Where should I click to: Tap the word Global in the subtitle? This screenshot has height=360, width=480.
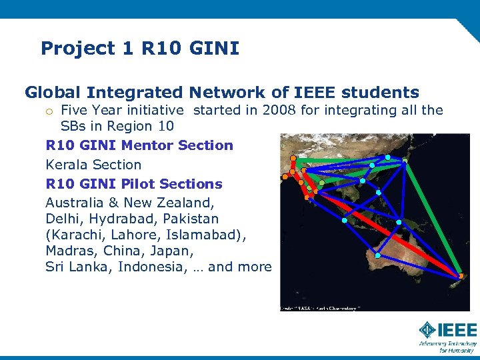pyautogui.click(x=54, y=92)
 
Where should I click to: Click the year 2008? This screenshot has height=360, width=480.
pyautogui.click(x=279, y=110)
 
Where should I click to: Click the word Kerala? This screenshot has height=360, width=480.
pyautogui.click(x=67, y=165)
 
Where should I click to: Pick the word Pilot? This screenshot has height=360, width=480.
pyautogui.click(x=145, y=184)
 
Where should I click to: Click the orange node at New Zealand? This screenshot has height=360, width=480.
pyautogui.click(x=461, y=276)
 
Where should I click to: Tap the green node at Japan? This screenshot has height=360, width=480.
pyautogui.click(x=405, y=160)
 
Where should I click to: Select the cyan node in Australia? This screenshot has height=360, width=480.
pyautogui.click(x=377, y=255)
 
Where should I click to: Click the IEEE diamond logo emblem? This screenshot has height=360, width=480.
pyautogui.click(x=427, y=329)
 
